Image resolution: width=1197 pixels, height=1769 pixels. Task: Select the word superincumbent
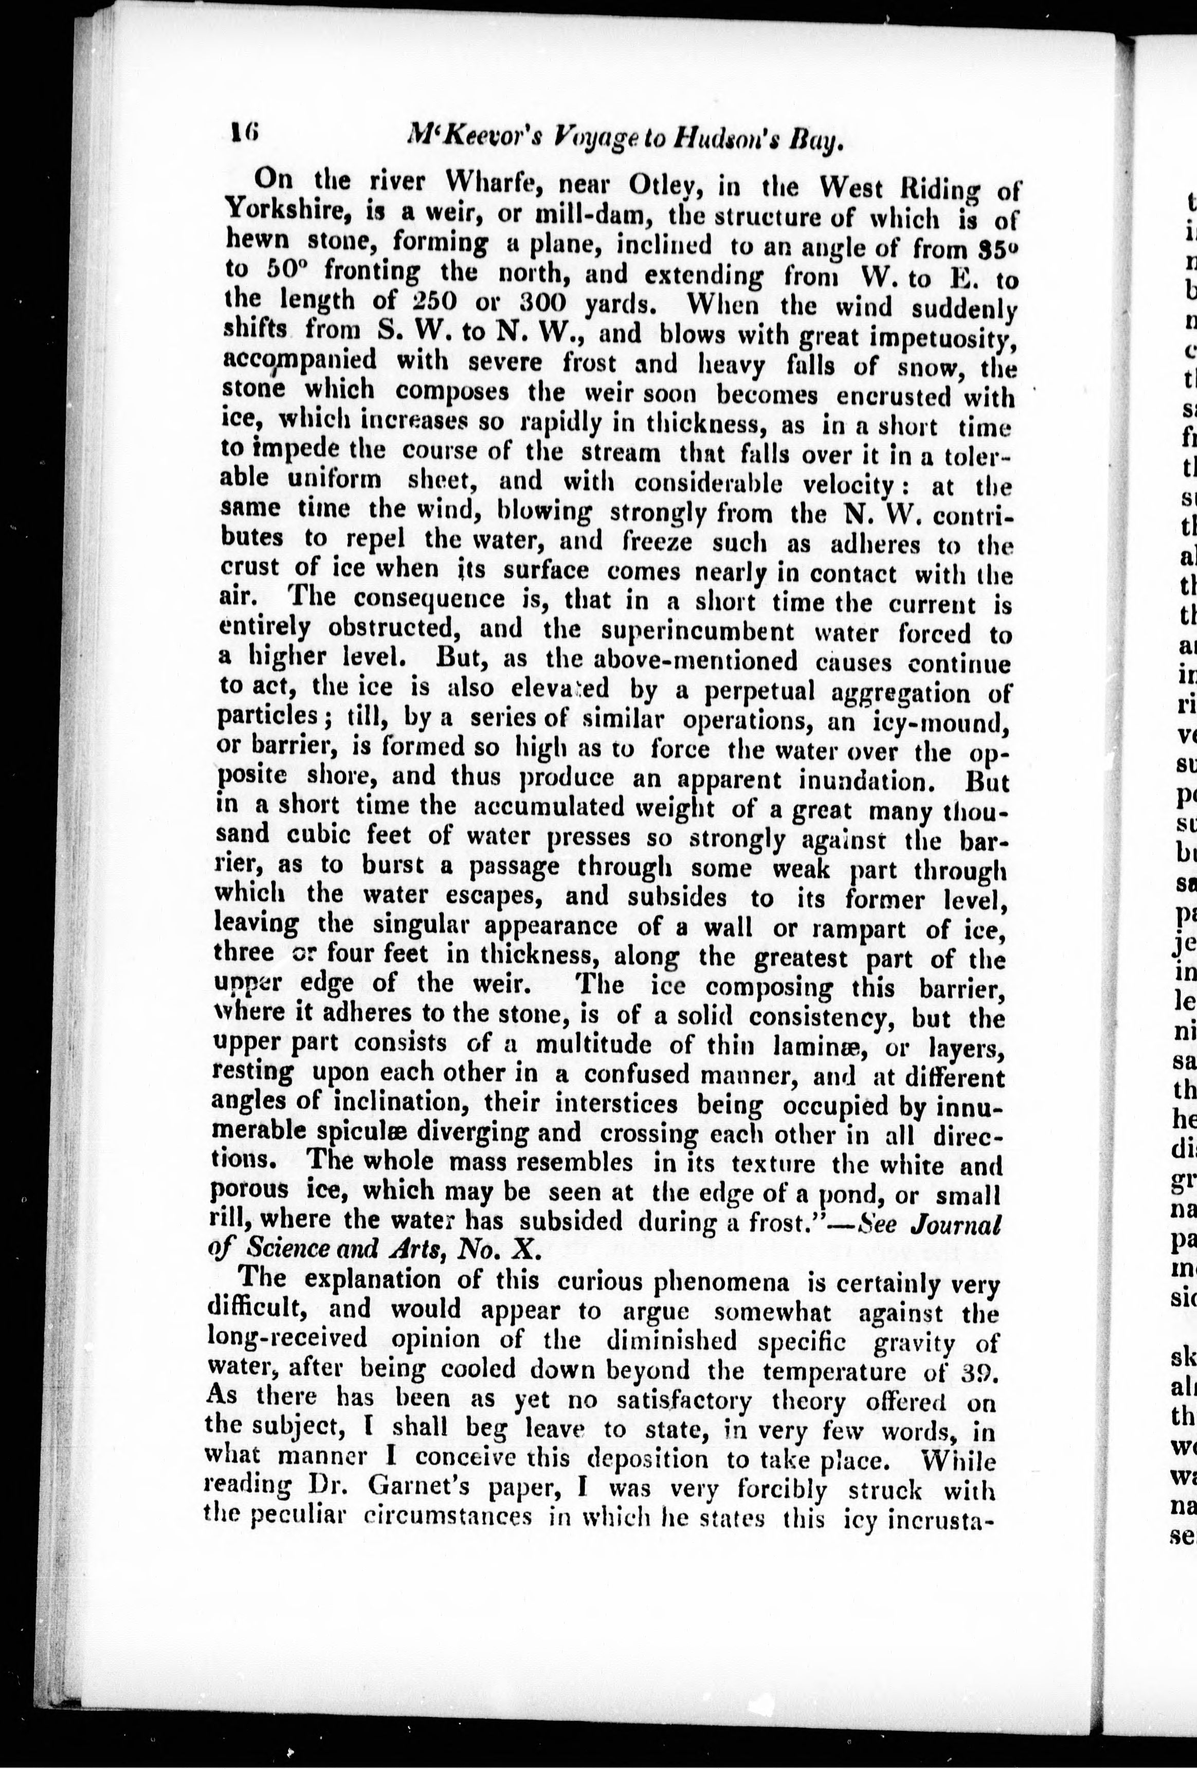699,632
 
